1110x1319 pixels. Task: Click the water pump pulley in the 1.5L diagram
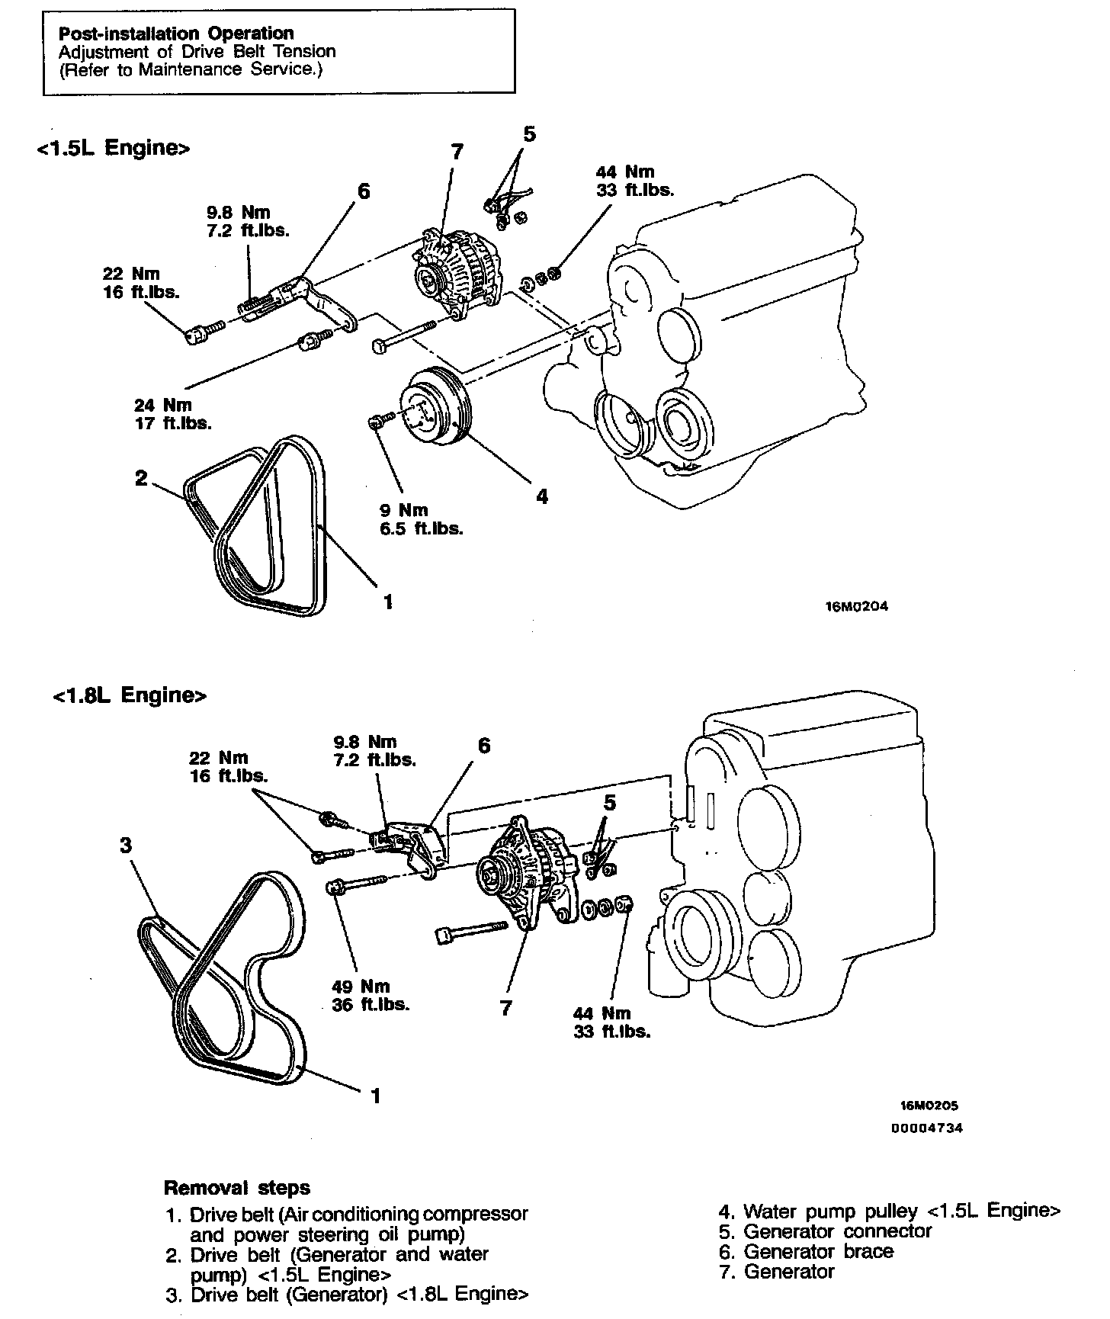click(437, 406)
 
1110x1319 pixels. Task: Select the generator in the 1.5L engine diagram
click(454, 269)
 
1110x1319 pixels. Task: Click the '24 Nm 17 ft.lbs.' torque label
click(173, 414)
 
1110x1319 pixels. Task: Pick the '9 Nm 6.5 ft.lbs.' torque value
click(422, 518)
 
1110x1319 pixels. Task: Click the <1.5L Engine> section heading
click(112, 147)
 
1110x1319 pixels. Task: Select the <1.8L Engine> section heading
click(130, 695)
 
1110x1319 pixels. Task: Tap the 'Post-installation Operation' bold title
click(176, 33)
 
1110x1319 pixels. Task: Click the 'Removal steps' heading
click(237, 1187)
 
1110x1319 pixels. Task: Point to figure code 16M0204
click(856, 607)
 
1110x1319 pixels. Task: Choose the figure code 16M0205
click(929, 1106)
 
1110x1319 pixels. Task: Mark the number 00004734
click(926, 1128)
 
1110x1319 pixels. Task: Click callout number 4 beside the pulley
click(541, 496)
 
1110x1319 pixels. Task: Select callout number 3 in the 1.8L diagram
click(126, 845)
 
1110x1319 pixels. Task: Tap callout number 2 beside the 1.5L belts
click(141, 478)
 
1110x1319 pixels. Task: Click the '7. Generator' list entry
click(777, 1271)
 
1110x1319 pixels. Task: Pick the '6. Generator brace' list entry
click(807, 1251)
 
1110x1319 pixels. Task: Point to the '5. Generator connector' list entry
click(826, 1231)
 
